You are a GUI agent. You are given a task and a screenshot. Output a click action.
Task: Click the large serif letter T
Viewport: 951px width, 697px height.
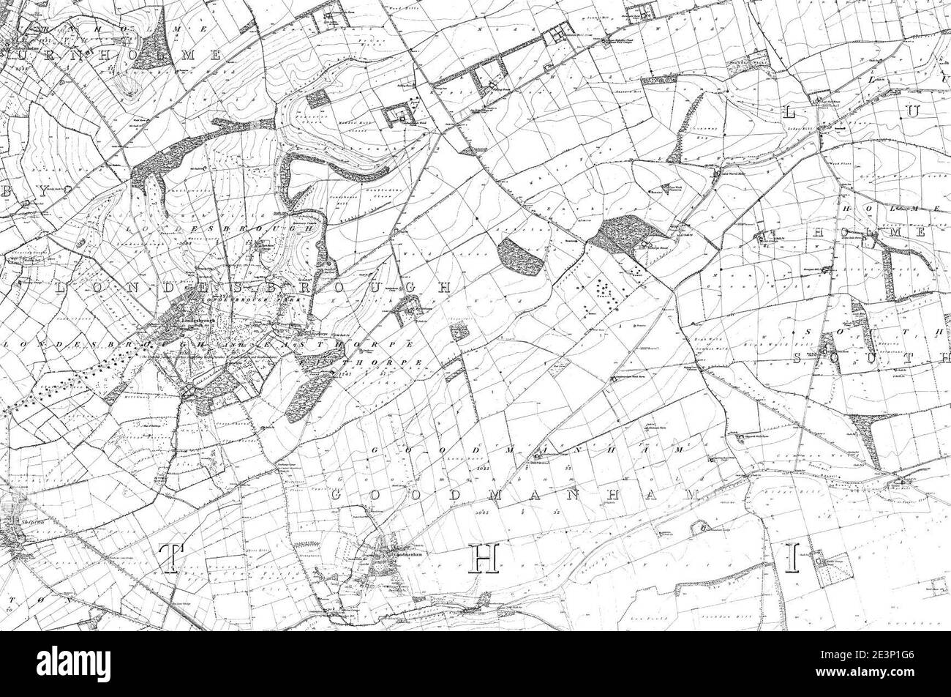click(x=169, y=559)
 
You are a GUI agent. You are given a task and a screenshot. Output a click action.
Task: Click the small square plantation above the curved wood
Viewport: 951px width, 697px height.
click(x=317, y=98)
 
